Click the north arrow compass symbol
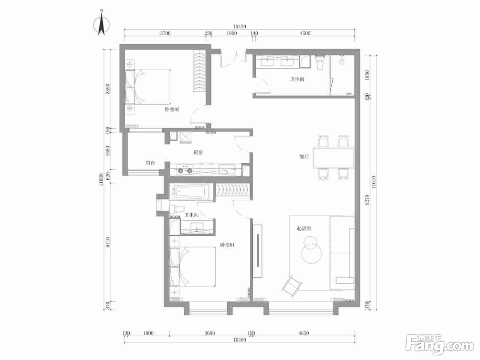coord(101,24)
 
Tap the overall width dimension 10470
coord(240,27)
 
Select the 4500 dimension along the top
coord(305,33)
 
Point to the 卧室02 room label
coord(172,109)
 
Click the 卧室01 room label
coord(227,245)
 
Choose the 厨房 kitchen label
coord(198,152)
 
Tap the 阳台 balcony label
coord(150,163)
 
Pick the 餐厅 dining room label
coord(304,156)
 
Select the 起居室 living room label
coord(304,228)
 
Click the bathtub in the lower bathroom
coord(191,192)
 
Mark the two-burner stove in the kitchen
coord(185,169)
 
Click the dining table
coord(333,157)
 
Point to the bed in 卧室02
coord(148,87)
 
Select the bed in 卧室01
coord(193,267)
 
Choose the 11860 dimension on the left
coord(101,180)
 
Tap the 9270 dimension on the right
coord(367,200)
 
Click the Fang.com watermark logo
coord(439,346)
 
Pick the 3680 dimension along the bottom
coord(210,333)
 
